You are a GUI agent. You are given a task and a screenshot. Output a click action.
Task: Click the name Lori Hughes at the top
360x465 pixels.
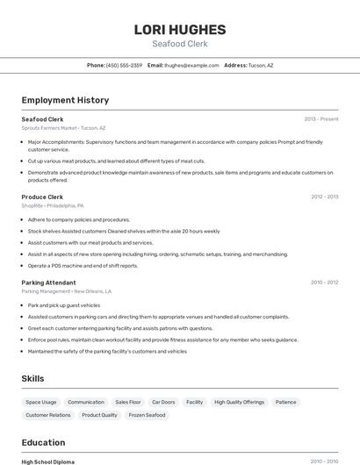pyautogui.click(x=179, y=29)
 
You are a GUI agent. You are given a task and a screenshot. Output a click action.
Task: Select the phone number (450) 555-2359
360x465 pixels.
pyautogui.click(x=124, y=65)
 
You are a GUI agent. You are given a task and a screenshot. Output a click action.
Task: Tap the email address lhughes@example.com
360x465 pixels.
pyautogui.click(x=191, y=65)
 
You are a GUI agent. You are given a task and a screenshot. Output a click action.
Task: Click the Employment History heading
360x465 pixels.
pyautogui.click(x=65, y=100)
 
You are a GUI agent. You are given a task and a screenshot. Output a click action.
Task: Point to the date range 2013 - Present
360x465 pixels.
pyautogui.click(x=320, y=118)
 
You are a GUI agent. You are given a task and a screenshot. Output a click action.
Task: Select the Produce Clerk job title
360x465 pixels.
pyautogui.click(x=42, y=197)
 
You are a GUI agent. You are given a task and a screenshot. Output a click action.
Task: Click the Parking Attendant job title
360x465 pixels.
pyautogui.click(x=48, y=283)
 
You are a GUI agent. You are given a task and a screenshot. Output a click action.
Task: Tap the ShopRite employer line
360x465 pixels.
pyautogui.click(x=55, y=205)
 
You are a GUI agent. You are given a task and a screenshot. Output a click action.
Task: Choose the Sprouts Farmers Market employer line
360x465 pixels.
pyautogui.click(x=63, y=127)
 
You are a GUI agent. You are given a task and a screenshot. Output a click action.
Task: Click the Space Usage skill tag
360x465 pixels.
pyautogui.click(x=41, y=402)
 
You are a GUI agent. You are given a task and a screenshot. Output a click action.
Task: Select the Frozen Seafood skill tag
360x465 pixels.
pyautogui.click(x=147, y=415)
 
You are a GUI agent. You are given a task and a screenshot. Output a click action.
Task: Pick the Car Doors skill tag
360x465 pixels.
pyautogui.click(x=163, y=402)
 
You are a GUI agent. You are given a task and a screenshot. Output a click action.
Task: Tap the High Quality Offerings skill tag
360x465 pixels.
pyautogui.click(x=239, y=402)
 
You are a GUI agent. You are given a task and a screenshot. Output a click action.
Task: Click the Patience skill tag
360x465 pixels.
pyautogui.click(x=285, y=402)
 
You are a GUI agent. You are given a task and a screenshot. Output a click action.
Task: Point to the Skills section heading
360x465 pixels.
pyautogui.click(x=33, y=378)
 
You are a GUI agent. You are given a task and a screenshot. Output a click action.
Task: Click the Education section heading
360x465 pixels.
pyautogui.click(x=43, y=442)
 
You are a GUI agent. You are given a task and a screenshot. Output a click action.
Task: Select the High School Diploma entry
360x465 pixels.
pyautogui.click(x=47, y=461)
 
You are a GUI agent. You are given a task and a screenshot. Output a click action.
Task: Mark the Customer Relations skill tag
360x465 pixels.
pyautogui.click(x=48, y=415)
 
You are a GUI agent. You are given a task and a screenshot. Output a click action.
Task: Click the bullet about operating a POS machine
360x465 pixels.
pyautogui.click(x=83, y=265)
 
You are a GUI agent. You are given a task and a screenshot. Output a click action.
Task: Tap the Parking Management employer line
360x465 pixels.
pyautogui.click(x=66, y=291)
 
